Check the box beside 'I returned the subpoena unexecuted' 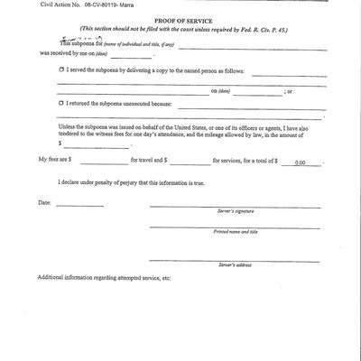coord(61,104)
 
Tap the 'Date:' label coord(45,202)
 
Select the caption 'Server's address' coord(234,266)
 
